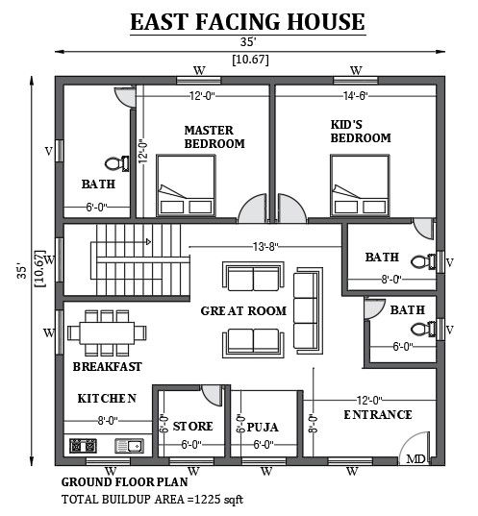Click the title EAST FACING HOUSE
(x=247, y=21)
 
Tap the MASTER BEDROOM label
(x=214, y=136)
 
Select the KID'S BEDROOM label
(x=361, y=131)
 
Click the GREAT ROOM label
(x=243, y=310)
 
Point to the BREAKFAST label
(x=107, y=366)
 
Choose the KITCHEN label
(x=106, y=398)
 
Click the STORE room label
(x=192, y=427)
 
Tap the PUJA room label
(x=262, y=427)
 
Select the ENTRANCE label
(x=378, y=415)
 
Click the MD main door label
(x=416, y=460)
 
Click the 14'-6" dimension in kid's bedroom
(x=359, y=96)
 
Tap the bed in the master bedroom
(x=187, y=187)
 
